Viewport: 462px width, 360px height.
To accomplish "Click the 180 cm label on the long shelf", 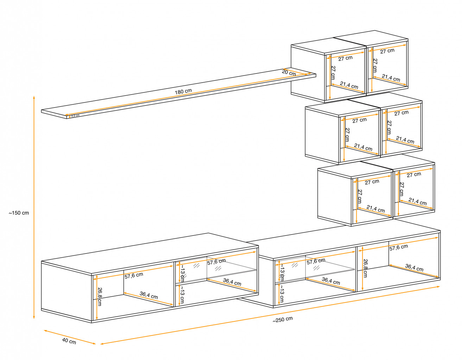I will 183,91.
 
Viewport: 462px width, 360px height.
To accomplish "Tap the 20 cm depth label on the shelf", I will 289,73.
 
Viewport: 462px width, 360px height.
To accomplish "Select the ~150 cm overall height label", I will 19,213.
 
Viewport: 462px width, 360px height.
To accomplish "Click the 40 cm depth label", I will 69,341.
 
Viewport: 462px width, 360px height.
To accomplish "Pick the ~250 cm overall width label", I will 283,320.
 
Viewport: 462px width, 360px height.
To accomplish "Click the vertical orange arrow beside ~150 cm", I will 34,207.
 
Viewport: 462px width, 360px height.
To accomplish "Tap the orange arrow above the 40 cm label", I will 70,336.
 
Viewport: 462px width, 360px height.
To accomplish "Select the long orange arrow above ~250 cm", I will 270,315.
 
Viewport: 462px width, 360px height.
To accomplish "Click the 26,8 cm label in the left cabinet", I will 100,296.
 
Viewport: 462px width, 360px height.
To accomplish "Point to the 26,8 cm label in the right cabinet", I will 365,268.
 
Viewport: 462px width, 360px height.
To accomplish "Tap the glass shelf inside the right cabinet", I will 315,275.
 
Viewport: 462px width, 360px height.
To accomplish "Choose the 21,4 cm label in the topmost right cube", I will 391,78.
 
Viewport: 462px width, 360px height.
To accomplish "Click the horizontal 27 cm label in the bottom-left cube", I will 372,182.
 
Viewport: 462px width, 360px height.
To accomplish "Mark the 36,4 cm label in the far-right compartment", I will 414,268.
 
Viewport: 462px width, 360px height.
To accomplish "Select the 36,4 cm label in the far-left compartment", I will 149,295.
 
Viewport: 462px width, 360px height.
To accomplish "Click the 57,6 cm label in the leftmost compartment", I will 134,276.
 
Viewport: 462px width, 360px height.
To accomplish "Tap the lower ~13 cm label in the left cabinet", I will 182,295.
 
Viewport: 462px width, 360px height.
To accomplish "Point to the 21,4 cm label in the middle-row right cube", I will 405,140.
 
